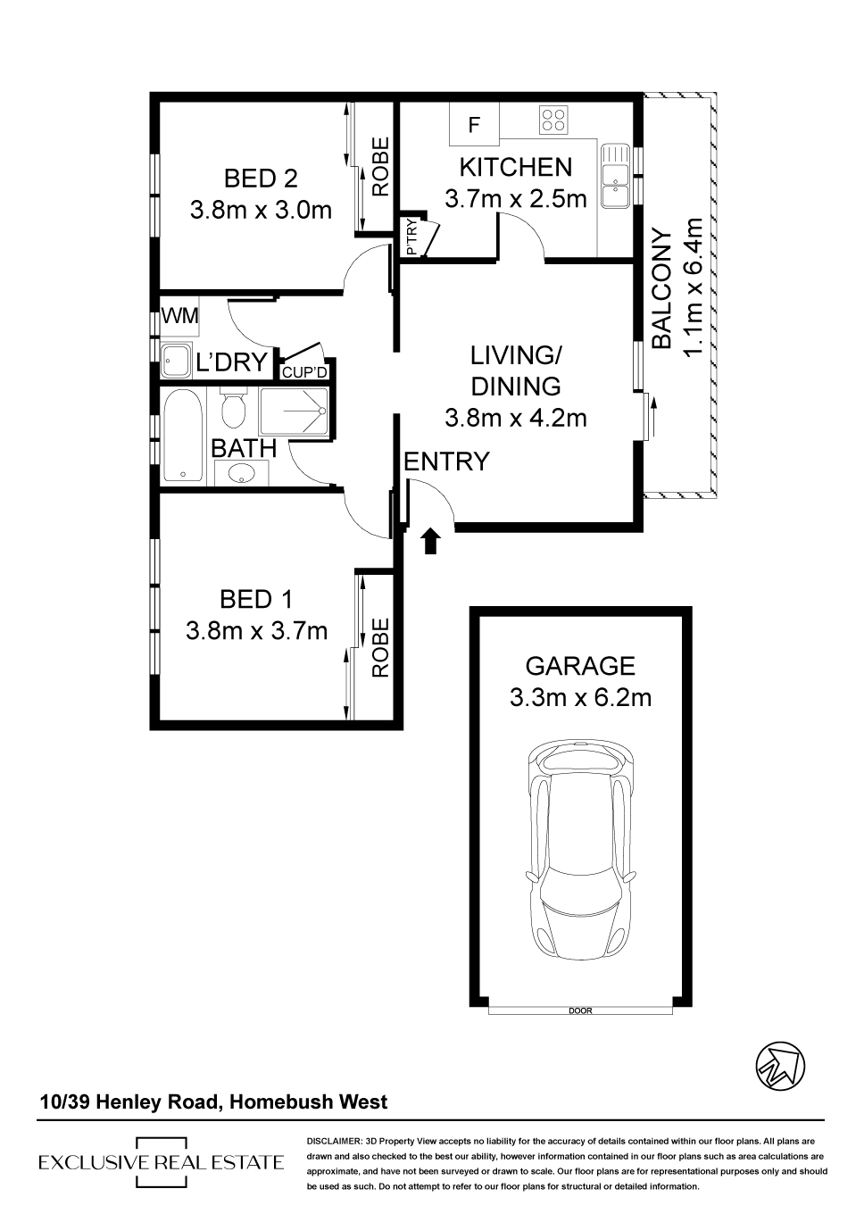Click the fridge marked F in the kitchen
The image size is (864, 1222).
pos(474,125)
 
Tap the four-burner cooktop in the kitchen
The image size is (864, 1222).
pos(553,120)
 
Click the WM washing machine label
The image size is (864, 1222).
pos(180,316)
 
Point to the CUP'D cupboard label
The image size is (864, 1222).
pos(304,372)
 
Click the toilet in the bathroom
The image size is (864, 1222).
pos(234,408)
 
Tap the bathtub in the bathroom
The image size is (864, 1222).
pos(183,436)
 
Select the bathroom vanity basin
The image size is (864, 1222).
pos(242,472)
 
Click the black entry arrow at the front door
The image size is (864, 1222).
pos(431,541)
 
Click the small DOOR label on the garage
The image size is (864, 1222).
pos(580,1010)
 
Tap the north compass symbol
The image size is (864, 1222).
pos(780,1066)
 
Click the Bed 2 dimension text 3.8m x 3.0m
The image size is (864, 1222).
pos(261,210)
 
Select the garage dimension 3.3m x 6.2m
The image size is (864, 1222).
pos(580,698)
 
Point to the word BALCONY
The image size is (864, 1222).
pos(661,288)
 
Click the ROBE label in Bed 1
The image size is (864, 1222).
pos(380,647)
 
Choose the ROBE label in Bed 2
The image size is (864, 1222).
pos(380,166)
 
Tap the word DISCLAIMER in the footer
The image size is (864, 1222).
pos(335,1142)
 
